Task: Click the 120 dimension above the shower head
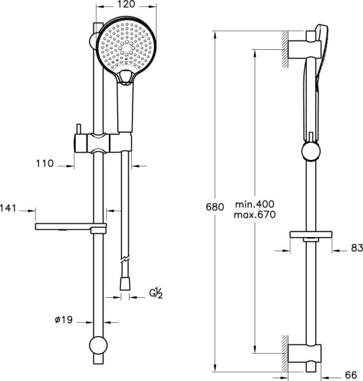[x=126, y=4]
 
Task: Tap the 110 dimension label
[x=45, y=163]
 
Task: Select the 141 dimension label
[x=8, y=209]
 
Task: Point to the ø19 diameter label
[x=64, y=320]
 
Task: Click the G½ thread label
[x=156, y=293]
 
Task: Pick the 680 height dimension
[x=214, y=207]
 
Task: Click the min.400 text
[x=255, y=204]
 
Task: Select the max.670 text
[x=255, y=215]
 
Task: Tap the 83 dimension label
[x=357, y=248]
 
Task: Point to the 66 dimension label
[x=351, y=375]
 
